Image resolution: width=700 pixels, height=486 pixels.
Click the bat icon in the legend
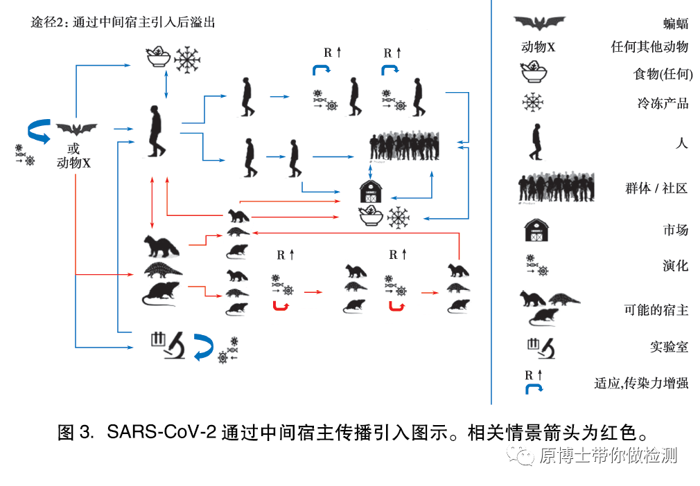click(x=539, y=23)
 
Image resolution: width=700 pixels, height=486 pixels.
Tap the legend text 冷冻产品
click(x=663, y=104)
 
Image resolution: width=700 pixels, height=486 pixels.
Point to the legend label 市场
click(x=675, y=230)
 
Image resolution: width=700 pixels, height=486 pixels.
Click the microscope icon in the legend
click(x=539, y=346)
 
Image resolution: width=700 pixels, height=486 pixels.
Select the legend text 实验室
click(x=668, y=347)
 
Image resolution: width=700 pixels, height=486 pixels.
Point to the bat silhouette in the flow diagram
click(x=76, y=129)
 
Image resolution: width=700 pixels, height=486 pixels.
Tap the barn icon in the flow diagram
click(x=371, y=192)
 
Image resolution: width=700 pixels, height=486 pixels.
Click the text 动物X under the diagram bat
click(x=73, y=163)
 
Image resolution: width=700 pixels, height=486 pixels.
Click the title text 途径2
click(x=49, y=22)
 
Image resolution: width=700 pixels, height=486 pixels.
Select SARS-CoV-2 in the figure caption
click(x=161, y=433)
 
